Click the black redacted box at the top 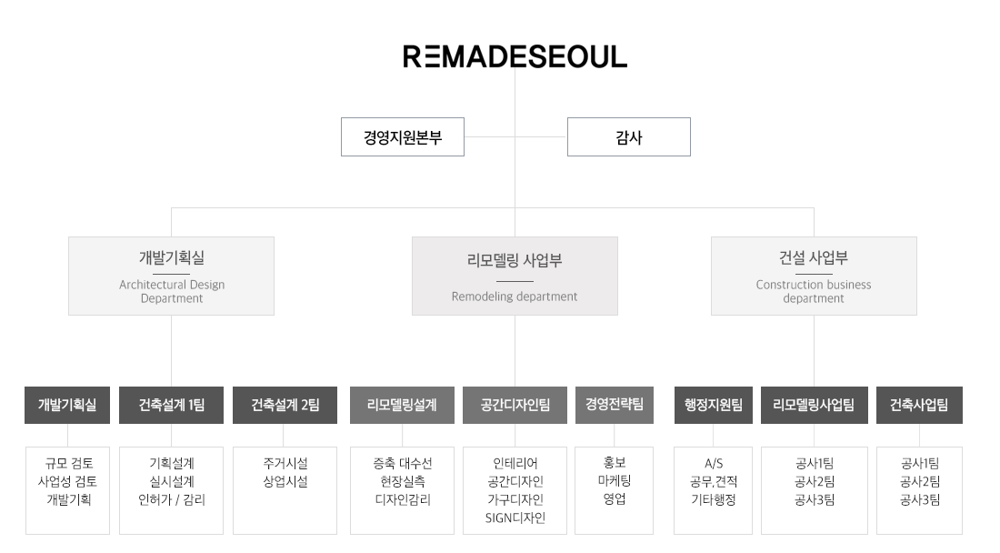tap(515, 56)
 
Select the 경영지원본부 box tap(402, 138)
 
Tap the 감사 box tap(628, 138)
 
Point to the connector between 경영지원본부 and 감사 tap(515, 137)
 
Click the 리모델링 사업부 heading tap(515, 261)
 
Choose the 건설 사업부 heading tap(813, 257)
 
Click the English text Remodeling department tap(515, 297)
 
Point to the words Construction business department tap(813, 291)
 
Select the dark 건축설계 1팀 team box tap(171, 406)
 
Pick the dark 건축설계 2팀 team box tap(285, 406)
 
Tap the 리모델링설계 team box tap(401, 406)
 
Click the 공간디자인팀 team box tap(515, 406)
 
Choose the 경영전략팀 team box tap(614, 406)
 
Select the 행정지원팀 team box tap(714, 406)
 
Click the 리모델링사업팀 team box tap(814, 406)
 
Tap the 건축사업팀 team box tap(918, 406)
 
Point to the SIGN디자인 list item tap(515, 518)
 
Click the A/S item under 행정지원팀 tap(714, 464)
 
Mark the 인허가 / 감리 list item tap(171, 500)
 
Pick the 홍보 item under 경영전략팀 tap(615, 464)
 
